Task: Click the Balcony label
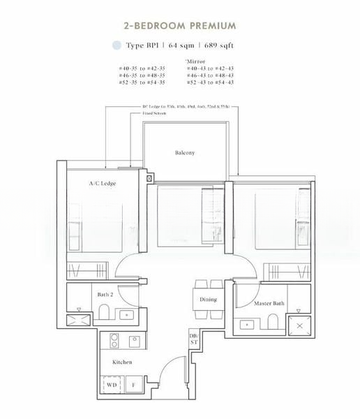point(185,152)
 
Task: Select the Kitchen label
point(123,362)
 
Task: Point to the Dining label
point(208,300)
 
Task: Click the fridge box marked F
point(133,385)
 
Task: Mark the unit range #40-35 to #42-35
point(145,67)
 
